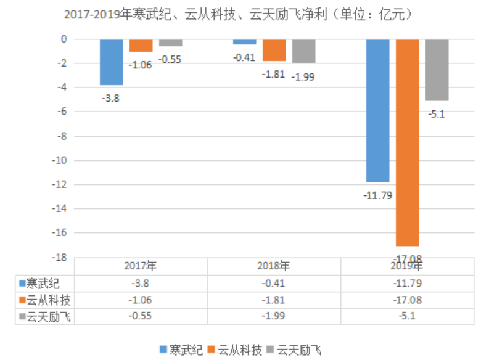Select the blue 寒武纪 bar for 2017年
coord(112,62)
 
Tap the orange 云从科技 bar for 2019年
coord(408,142)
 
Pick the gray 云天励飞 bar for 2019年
coord(437,70)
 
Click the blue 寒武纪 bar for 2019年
coord(378,111)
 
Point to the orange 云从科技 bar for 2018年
coord(274,51)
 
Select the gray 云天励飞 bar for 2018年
coord(303,51)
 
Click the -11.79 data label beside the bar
coord(377,196)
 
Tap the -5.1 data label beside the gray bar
coord(437,114)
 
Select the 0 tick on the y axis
coord(62,39)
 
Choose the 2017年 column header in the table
coord(141,266)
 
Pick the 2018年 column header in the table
coord(274,266)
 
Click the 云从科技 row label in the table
coord(48,300)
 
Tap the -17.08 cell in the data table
coord(408,300)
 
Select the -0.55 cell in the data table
coord(141,316)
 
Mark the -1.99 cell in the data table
coord(274,316)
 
